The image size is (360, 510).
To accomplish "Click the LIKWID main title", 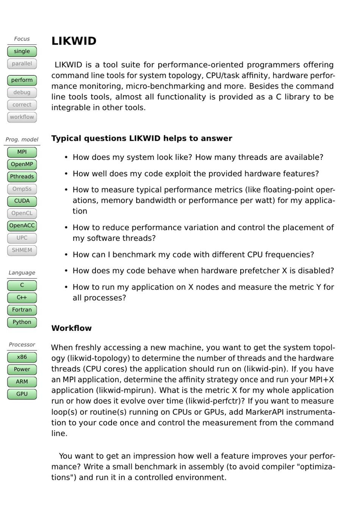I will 74,41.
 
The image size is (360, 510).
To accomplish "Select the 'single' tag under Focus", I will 22,51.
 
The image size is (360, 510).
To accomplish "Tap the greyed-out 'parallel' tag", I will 22,64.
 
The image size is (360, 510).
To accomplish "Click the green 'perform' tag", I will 22,80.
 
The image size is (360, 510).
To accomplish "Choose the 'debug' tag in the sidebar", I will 22,92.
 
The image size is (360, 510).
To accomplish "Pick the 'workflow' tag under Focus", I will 22,117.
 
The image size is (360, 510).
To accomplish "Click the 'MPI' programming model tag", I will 22,152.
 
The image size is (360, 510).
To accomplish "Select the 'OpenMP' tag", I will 22,164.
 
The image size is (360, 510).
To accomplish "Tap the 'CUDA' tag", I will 22,201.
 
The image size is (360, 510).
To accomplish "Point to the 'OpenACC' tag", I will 22,226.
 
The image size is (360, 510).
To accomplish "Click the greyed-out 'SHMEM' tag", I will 22,250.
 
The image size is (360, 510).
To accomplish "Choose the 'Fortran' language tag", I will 22,310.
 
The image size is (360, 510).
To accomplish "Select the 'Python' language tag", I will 22,322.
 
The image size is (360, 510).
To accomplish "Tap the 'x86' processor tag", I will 22,357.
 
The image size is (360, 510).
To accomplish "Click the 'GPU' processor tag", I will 22,394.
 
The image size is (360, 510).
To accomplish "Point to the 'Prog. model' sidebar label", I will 22,140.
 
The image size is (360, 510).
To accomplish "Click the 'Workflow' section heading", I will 72,328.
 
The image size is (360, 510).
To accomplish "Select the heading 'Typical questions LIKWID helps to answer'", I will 142,139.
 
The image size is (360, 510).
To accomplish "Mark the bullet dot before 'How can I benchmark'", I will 66,255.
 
